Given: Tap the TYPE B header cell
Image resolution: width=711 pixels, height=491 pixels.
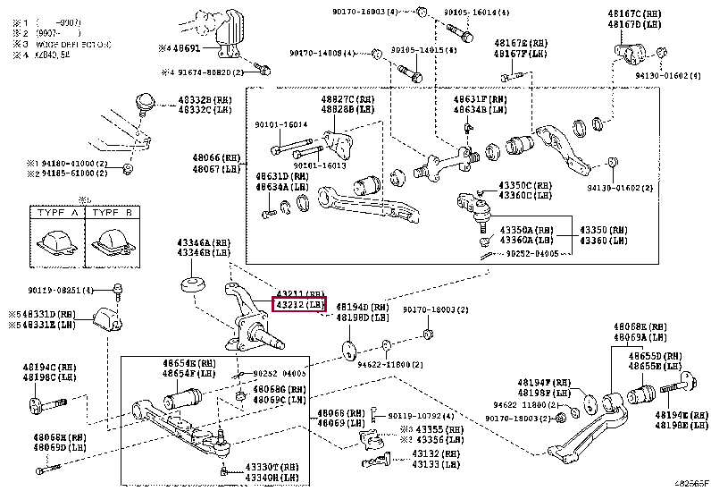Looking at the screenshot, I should [112, 215].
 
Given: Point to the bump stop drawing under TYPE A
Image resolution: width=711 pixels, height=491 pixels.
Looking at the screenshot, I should [56, 242].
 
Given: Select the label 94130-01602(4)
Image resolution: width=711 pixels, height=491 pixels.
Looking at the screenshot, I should [666, 77].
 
